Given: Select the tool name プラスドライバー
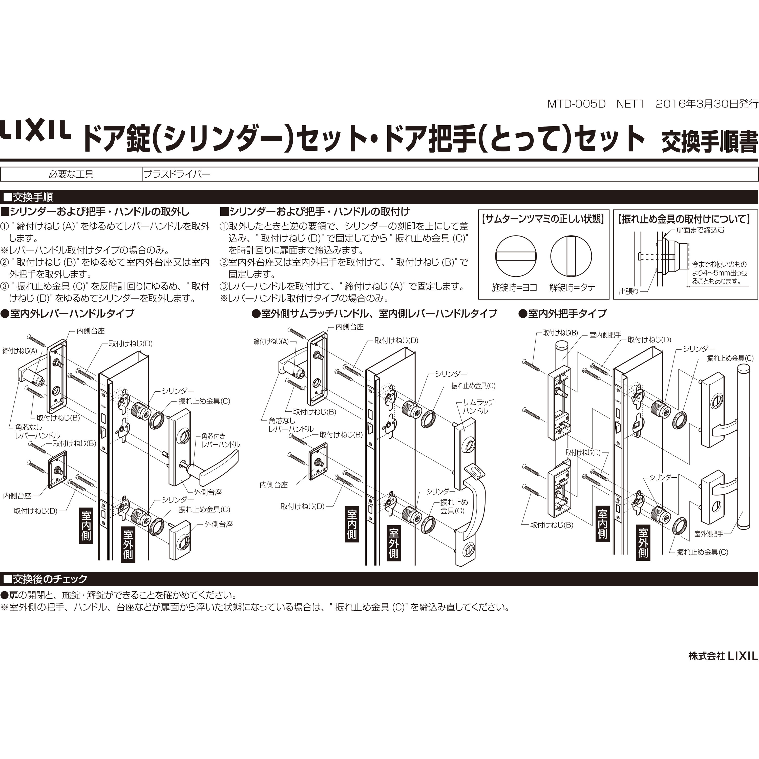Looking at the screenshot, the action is click(x=177, y=174).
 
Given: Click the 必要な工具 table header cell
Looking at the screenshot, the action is click(x=71, y=174).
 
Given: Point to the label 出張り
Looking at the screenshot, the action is click(x=628, y=292).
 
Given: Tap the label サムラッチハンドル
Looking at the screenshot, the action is click(x=478, y=407).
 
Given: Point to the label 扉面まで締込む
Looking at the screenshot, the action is click(x=700, y=230).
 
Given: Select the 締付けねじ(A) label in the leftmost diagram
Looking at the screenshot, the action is click(x=20, y=351).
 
